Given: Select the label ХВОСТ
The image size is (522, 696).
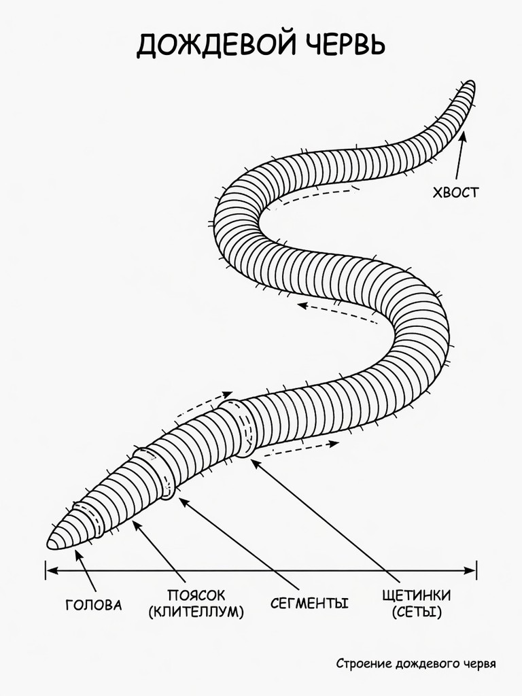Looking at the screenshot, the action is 456,192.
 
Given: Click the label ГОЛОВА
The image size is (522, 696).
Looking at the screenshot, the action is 94,605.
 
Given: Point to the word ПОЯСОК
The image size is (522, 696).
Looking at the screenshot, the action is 196,595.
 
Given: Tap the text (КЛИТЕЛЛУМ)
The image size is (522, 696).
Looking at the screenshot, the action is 196,612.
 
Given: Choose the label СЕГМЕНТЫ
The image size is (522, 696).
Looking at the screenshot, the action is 309,604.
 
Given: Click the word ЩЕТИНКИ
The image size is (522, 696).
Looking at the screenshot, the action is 417,595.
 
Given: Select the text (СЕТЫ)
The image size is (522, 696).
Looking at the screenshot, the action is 417,612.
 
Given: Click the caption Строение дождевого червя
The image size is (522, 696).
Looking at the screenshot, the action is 416,663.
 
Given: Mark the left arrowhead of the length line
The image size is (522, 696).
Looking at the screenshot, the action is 50,570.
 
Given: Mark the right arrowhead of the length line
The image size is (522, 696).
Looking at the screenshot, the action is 470,570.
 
